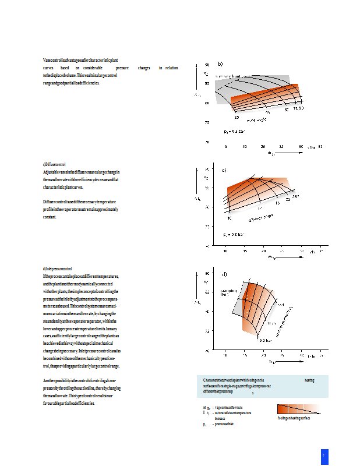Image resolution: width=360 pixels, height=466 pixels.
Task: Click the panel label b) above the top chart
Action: [x=220, y=63]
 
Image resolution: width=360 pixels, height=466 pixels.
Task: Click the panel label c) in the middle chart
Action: [x=224, y=170]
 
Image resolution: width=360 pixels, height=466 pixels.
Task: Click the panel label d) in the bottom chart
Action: [x=224, y=273]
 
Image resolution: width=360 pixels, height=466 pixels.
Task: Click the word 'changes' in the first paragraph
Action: [x=144, y=68]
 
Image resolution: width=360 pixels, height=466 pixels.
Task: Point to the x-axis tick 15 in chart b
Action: [x=245, y=147]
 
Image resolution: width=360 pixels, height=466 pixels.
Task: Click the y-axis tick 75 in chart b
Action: [x=206, y=123]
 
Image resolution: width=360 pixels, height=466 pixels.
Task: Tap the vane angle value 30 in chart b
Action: [x=237, y=117]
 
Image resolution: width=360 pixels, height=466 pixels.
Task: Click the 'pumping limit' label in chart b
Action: [x=228, y=76]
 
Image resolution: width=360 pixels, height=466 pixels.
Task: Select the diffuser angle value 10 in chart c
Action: [x=230, y=218]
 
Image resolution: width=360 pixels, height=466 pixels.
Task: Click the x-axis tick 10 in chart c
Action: [x=225, y=251]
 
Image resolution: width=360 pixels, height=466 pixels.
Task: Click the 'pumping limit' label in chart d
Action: [x=228, y=292]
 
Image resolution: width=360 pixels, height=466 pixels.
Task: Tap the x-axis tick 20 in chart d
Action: [x=263, y=355]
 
